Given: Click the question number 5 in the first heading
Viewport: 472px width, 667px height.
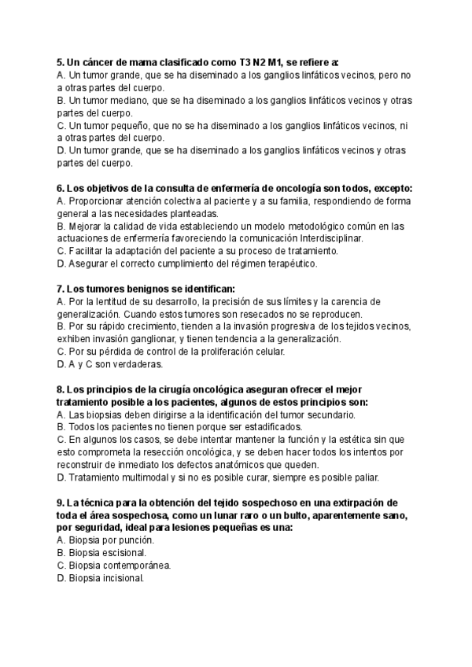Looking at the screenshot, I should tap(61, 62).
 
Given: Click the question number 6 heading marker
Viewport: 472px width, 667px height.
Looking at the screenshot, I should tap(61, 188).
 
